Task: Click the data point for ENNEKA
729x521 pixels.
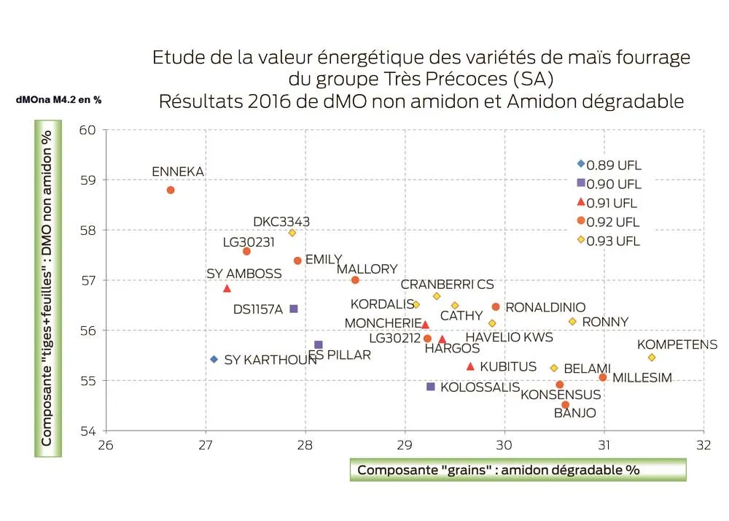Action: point(171,190)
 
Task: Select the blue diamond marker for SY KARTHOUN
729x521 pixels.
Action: point(214,359)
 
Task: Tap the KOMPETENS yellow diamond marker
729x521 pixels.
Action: point(652,358)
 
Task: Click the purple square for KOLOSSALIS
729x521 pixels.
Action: point(431,387)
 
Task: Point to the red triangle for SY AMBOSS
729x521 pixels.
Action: point(227,289)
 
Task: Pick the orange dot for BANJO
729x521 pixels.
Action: point(566,405)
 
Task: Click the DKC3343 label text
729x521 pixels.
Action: point(281,222)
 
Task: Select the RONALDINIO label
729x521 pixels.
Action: point(545,308)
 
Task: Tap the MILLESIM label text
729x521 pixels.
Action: point(642,378)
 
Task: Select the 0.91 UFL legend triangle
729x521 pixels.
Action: point(581,202)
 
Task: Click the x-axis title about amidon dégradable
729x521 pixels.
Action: point(498,470)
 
